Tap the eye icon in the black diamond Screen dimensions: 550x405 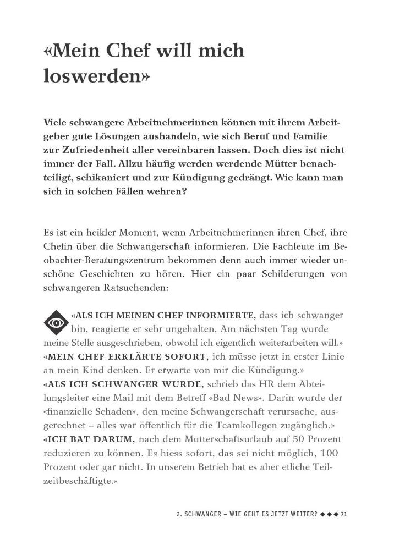(55, 322)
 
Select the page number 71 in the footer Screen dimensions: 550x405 (344, 515)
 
